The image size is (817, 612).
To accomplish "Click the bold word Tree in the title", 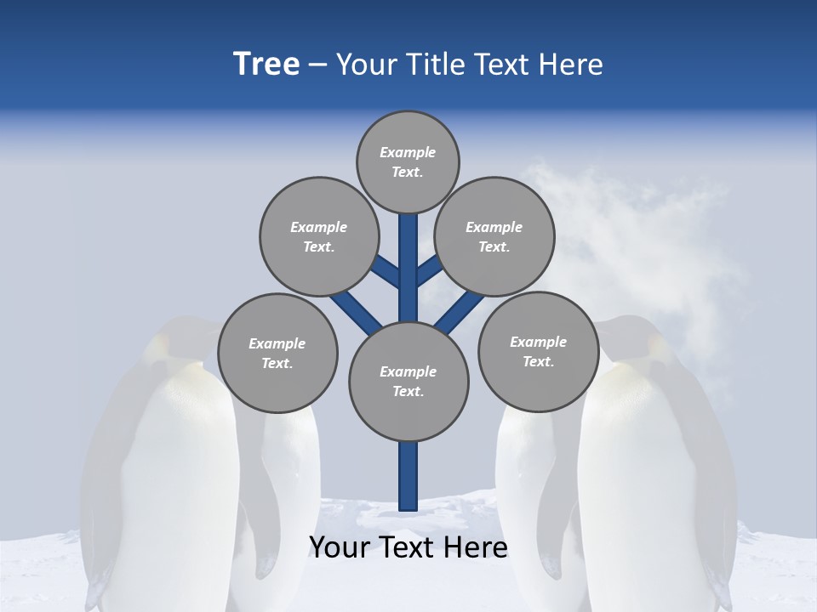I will (266, 64).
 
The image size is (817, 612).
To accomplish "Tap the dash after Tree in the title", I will (317, 65).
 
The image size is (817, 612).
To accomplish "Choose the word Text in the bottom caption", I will (409, 547).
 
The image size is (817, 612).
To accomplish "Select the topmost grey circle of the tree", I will (408, 161).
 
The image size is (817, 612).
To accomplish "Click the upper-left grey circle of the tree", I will (318, 236).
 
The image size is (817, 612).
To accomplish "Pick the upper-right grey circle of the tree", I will (494, 236).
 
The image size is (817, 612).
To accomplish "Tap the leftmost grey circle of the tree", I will (277, 353).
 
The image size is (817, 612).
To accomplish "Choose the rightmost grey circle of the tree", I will (538, 351).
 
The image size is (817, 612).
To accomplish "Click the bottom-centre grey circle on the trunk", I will (408, 382).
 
